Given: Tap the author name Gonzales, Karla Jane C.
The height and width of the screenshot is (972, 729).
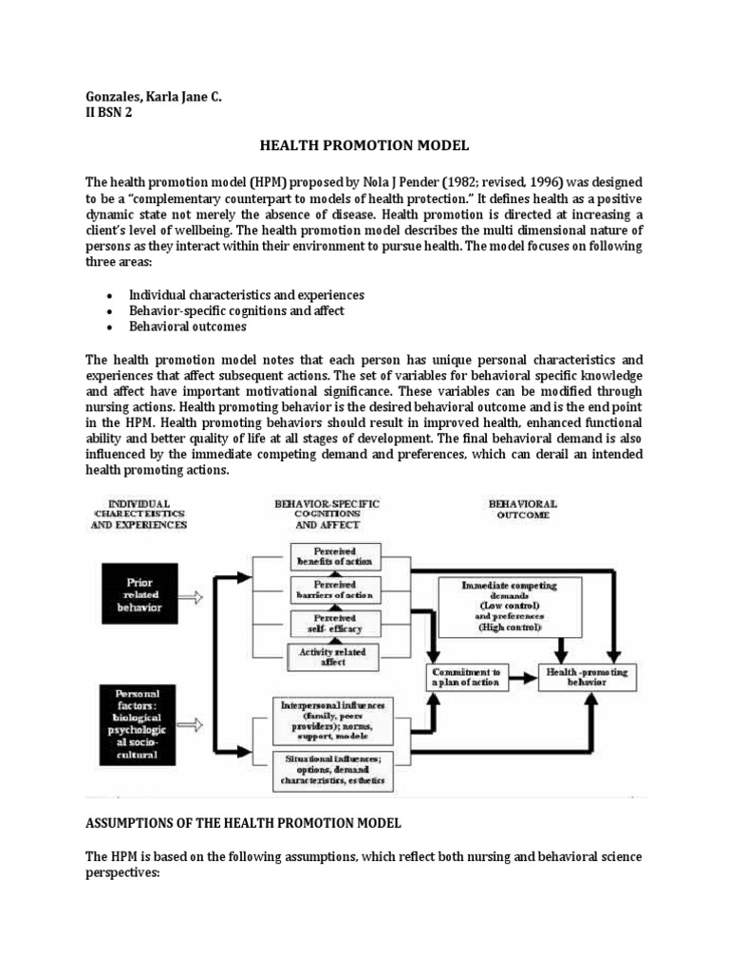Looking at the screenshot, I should click(153, 96).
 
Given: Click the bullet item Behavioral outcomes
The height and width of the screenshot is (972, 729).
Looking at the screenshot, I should click(188, 326).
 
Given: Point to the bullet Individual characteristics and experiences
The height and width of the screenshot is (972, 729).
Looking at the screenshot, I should click(247, 295).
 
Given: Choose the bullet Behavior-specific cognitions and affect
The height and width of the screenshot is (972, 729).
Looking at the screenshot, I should click(236, 310).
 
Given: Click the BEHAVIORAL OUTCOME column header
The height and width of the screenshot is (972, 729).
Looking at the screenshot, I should click(522, 510).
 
